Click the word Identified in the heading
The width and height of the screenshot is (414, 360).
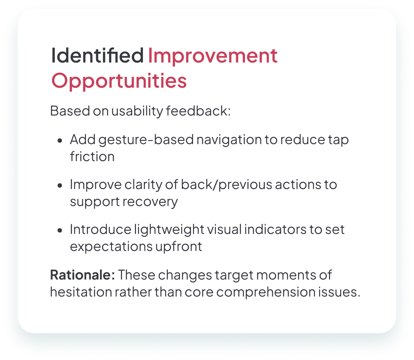[98, 55]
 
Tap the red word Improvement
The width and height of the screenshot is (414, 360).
[213, 56]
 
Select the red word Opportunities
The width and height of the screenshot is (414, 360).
[119, 81]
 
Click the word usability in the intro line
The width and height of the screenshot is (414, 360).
[137, 111]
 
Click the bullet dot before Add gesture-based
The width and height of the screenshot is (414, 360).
[60, 141]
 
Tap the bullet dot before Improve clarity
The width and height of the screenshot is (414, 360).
[60, 185]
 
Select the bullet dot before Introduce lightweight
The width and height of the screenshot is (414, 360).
[60, 230]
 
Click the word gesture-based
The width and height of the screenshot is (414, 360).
[146, 140]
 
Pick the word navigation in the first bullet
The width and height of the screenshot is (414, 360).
[229, 140]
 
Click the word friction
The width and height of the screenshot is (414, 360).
[92, 157]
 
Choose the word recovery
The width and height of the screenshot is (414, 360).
[150, 202]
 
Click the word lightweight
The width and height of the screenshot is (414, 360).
[169, 230]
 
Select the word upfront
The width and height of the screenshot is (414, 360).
[179, 247]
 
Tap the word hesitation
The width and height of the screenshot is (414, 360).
[81, 292]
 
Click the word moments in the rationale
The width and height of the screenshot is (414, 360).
[286, 275]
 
